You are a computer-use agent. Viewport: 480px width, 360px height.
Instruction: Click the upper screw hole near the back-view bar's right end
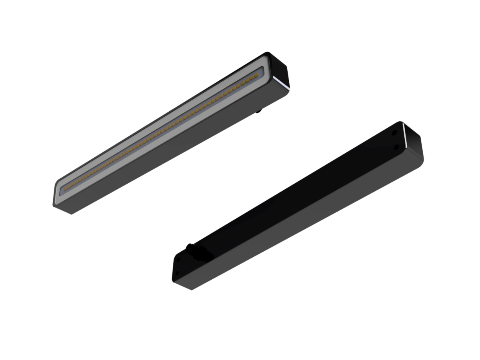[x=394, y=132]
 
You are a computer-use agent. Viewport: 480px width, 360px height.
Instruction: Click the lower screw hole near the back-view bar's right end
[x=396, y=147]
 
